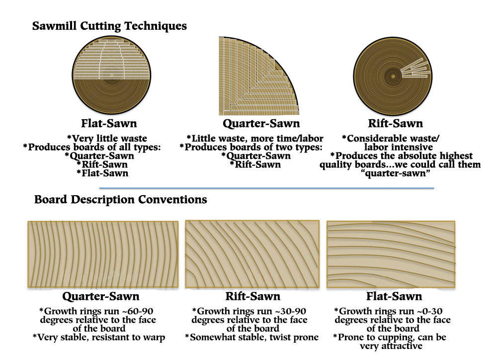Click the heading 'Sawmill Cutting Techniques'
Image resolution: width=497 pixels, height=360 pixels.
point(109,26)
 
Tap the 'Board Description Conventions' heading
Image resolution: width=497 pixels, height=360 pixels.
point(120,200)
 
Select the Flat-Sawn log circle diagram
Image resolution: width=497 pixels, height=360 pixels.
point(111,75)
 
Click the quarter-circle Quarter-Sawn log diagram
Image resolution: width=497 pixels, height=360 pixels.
point(258,76)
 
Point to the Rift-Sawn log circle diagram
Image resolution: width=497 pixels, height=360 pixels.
point(393,76)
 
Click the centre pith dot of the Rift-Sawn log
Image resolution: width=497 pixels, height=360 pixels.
point(393,76)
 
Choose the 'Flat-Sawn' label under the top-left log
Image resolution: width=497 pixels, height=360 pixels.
point(109,123)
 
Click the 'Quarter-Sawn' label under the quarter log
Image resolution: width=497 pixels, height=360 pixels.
point(261,123)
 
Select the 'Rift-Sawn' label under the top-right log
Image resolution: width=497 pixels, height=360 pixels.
point(395,123)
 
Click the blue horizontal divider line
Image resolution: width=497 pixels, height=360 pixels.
point(266,188)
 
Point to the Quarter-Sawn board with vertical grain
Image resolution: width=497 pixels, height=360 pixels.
point(103,254)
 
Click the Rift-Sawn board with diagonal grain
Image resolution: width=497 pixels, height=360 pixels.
point(252,254)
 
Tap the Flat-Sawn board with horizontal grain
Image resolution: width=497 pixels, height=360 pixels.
point(391,254)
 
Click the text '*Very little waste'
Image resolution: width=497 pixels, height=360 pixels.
point(107,139)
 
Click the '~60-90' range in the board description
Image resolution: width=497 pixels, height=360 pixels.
point(137,311)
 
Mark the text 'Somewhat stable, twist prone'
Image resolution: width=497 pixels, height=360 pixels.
point(254,337)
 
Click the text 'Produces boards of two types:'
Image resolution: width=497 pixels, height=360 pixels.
point(253,147)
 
